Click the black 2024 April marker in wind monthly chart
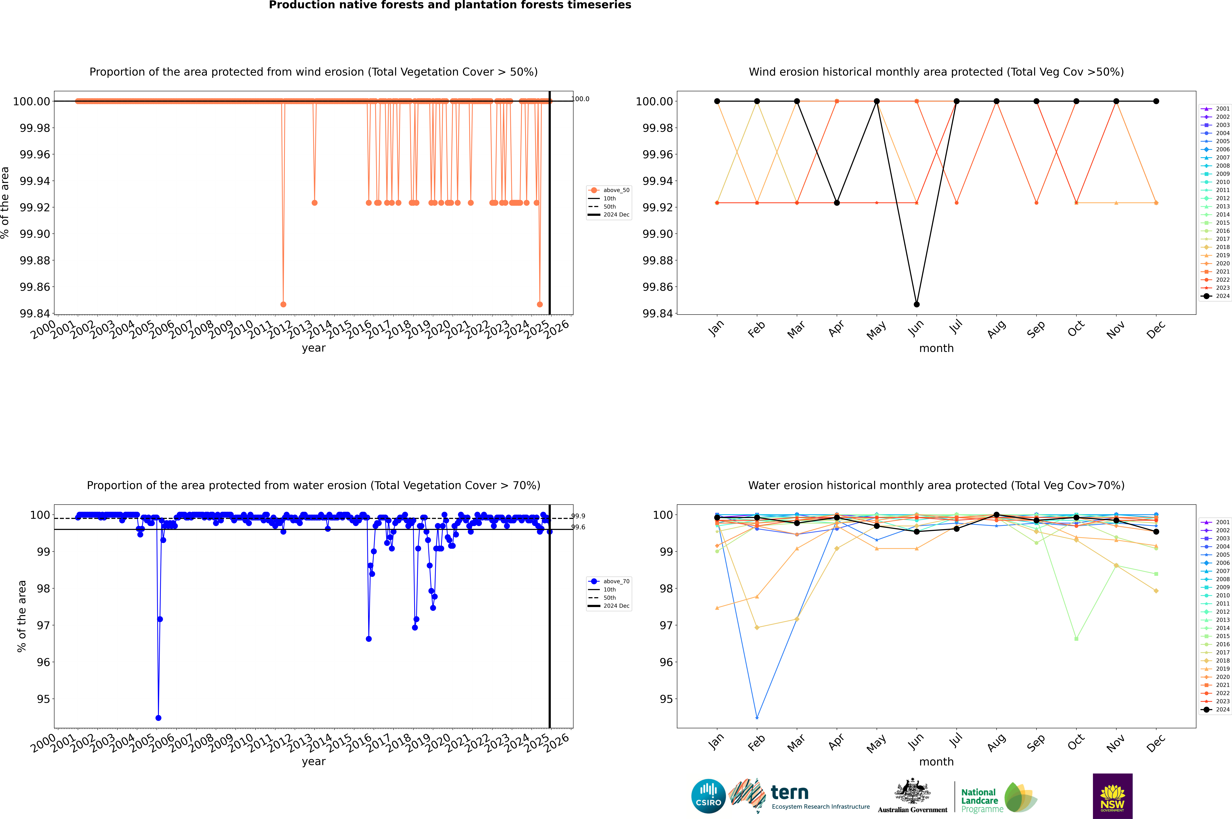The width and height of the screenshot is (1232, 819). (x=837, y=203)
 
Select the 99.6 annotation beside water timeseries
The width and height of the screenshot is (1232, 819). (x=578, y=527)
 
